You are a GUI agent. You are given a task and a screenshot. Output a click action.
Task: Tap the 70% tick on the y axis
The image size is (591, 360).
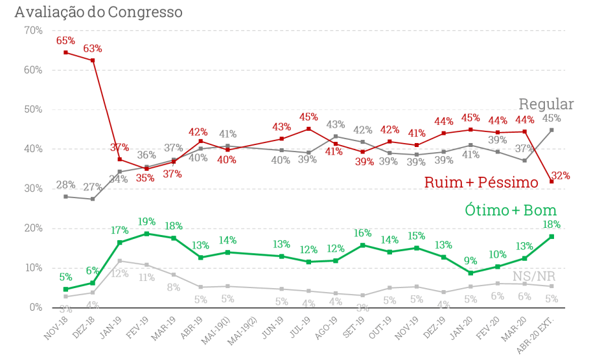coord(32,30)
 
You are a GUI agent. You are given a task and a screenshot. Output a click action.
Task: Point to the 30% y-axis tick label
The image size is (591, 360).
coord(32,188)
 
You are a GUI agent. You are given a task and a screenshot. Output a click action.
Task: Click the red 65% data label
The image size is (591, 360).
coord(65,40)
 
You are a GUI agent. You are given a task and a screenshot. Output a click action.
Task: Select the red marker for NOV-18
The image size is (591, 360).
coord(65,52)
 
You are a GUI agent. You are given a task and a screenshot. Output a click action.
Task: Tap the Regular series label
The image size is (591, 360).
coord(546,104)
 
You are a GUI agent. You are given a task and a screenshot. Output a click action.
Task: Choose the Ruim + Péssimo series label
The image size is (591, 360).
coord(481,183)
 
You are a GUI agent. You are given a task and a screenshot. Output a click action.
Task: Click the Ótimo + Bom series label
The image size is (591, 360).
coord(511,210)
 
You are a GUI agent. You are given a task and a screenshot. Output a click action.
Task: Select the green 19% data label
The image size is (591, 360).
coord(146,221)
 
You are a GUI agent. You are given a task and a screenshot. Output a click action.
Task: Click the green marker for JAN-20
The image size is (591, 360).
coord(470,273)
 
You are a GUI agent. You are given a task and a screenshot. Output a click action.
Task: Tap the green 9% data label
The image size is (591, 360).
coord(470,261)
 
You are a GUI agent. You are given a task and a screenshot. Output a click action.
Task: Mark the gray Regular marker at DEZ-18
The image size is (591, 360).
coord(93,199)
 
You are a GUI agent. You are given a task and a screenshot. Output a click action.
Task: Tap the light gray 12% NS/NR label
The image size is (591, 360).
coord(119,273)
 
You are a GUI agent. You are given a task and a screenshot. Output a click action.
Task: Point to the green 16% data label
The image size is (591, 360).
coord(362,233)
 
